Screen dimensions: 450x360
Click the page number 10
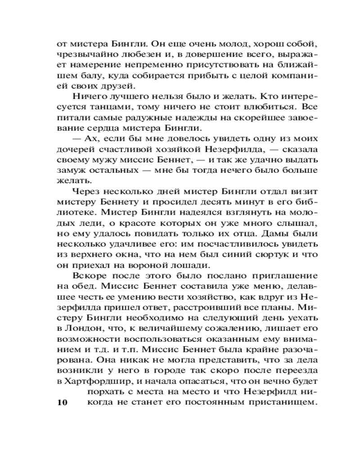point(60,402)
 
